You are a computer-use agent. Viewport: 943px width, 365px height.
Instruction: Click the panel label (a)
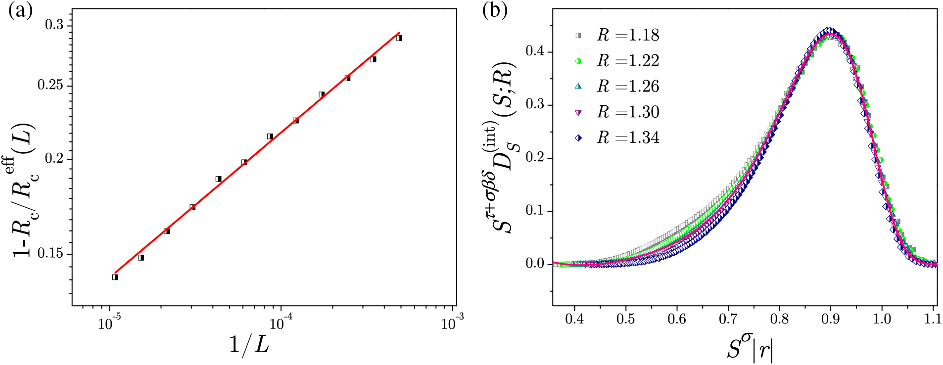click(20, 11)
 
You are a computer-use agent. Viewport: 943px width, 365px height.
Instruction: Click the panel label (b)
click(495, 11)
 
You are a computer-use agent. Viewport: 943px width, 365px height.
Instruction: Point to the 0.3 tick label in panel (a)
click(54, 25)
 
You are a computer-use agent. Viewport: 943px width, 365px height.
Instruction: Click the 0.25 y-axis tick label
click(51, 85)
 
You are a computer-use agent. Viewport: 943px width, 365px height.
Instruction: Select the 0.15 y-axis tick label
click(51, 253)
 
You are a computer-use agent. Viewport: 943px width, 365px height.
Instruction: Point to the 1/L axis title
click(249, 344)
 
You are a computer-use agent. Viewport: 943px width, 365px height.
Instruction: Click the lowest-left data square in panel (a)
click(115, 277)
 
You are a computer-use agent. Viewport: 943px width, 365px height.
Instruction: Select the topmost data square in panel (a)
click(399, 38)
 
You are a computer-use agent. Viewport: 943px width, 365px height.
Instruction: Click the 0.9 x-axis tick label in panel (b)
click(830, 319)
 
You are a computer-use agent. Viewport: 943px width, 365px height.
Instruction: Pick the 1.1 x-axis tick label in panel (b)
click(933, 319)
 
